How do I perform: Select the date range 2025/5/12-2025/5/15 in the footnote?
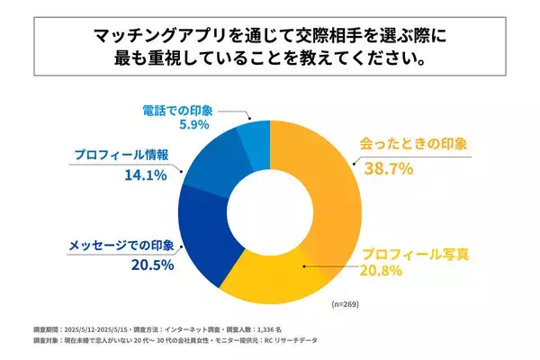tap(90, 329)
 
